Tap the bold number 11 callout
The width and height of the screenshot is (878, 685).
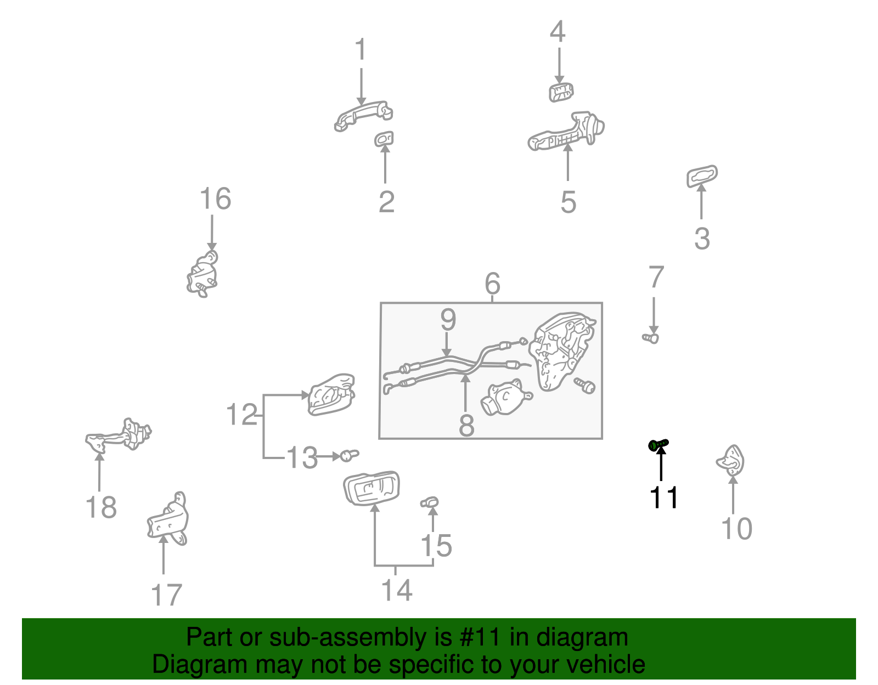click(x=663, y=497)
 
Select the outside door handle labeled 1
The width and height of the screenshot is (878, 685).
click(x=363, y=115)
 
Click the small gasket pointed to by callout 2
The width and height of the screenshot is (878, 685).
click(x=384, y=139)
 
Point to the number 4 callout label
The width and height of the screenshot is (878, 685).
click(x=558, y=32)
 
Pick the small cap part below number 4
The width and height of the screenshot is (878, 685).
click(x=561, y=92)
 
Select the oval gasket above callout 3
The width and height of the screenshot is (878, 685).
click(x=702, y=177)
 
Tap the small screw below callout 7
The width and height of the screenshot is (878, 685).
click(x=651, y=338)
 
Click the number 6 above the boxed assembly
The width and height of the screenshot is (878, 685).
click(x=492, y=284)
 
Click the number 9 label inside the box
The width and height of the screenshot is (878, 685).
click(x=448, y=320)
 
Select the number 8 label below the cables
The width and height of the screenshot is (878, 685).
click(x=466, y=426)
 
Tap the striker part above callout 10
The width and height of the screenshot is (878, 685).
click(x=731, y=461)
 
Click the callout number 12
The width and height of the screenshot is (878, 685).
click(x=241, y=415)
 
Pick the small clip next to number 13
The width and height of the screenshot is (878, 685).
click(x=348, y=455)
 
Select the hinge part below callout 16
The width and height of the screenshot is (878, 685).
click(x=202, y=274)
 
